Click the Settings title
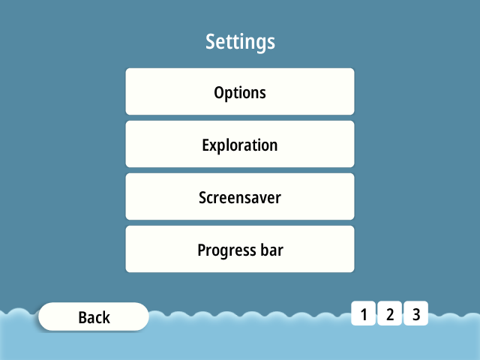(x=240, y=42)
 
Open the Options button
(x=240, y=91)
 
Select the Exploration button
(x=240, y=144)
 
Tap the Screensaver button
(x=240, y=196)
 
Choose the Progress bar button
(x=240, y=249)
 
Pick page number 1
(x=363, y=313)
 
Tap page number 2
(x=390, y=313)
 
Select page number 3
(x=416, y=313)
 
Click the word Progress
(x=226, y=251)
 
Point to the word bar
(x=271, y=250)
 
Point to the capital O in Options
(x=220, y=92)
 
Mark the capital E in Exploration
(x=206, y=145)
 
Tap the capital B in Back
(x=83, y=317)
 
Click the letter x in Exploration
(x=214, y=147)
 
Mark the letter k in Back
(x=106, y=316)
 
